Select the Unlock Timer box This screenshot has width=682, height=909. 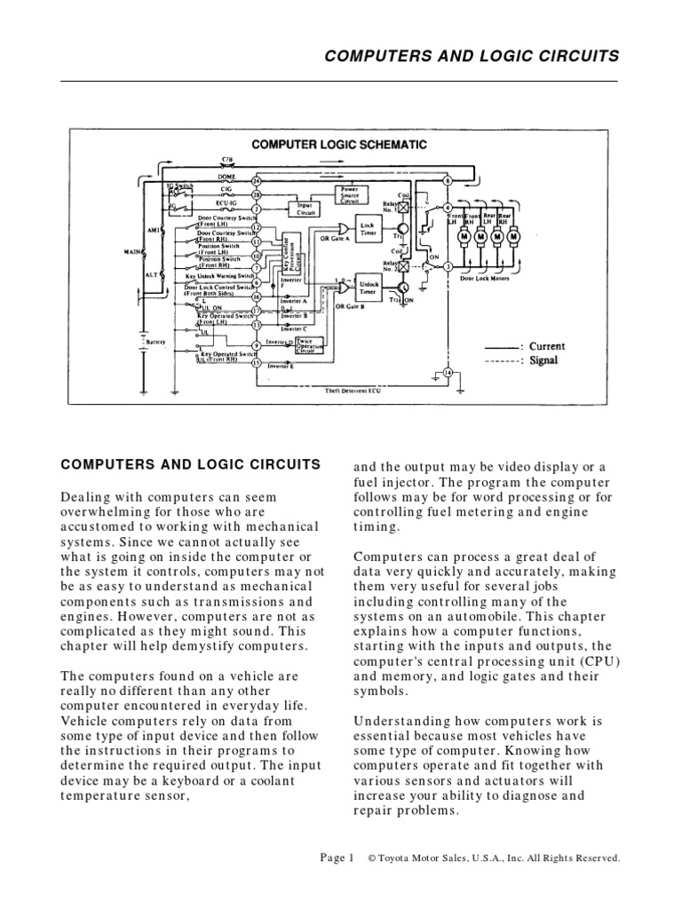pyautogui.click(x=368, y=286)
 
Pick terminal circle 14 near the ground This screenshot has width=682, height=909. pyautogui.click(x=447, y=373)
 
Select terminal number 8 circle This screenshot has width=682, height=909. pyautogui.click(x=448, y=181)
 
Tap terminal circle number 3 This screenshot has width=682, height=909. pyautogui.click(x=448, y=265)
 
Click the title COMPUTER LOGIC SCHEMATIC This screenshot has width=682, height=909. pyautogui.click(x=339, y=144)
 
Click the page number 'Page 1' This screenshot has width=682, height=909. pyautogui.click(x=337, y=858)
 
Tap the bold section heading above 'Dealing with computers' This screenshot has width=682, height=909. pyautogui.click(x=190, y=463)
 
